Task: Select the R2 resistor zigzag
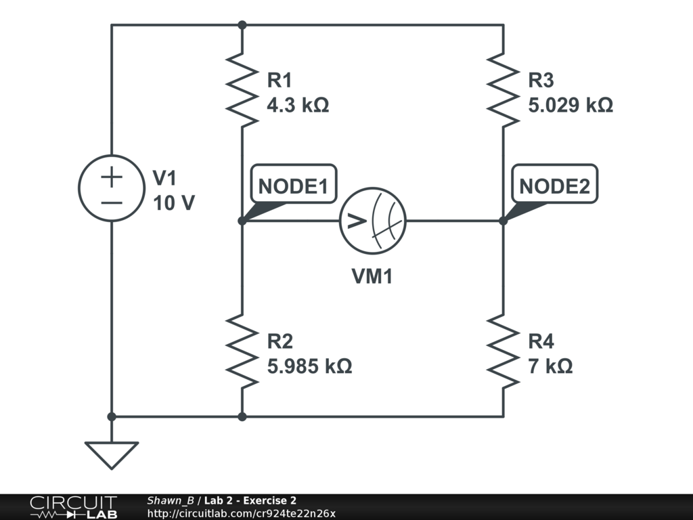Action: coord(242,351)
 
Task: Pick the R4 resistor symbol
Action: coord(503,351)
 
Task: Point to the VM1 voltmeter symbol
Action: coord(373,221)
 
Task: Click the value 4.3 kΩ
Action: coord(298,105)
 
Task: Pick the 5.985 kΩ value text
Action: coord(309,366)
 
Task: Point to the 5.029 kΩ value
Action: coord(571,105)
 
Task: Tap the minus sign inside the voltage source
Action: coord(112,202)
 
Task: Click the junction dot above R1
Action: coord(242,25)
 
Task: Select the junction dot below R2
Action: coord(242,416)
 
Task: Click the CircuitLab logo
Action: coord(72,506)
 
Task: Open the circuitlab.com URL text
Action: coord(241,513)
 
